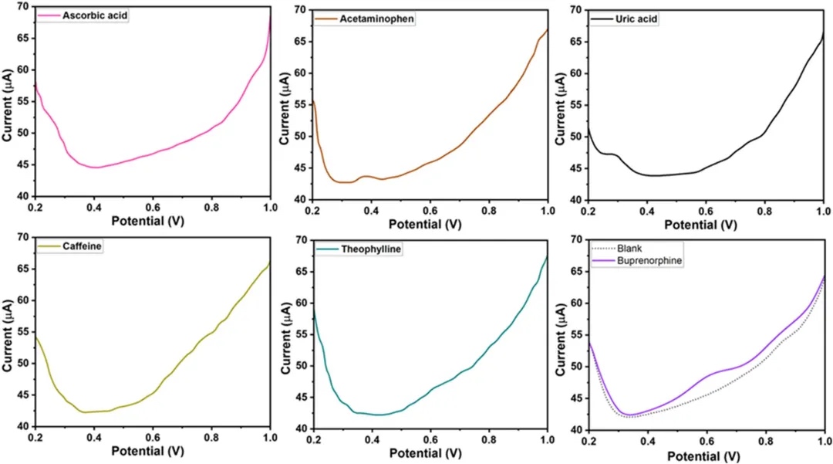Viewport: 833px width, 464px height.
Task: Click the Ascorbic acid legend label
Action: click(94, 15)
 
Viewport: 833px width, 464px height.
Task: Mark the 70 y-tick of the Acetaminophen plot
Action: click(298, 10)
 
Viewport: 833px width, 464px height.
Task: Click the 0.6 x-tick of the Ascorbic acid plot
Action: click(153, 208)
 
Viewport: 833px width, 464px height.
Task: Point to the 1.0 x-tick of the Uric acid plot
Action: click(822, 210)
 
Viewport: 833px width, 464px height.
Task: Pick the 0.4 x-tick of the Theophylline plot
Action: click(371, 439)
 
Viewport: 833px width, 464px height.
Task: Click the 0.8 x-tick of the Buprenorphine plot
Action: click(764, 439)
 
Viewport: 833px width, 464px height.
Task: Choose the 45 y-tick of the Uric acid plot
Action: click(575, 168)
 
